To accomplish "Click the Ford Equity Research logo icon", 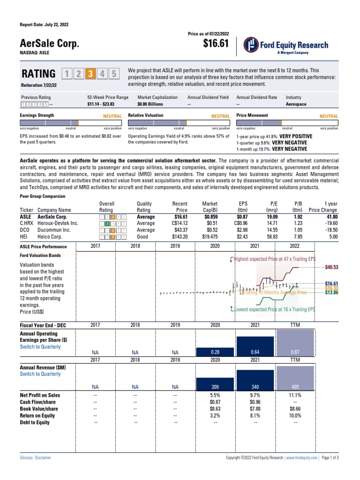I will pyautogui.click(x=252, y=45).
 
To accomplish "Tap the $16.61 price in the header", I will pyautogui.click(x=216, y=44).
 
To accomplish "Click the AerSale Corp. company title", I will pyautogui.click(x=49, y=44).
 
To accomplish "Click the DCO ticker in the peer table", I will pyautogui.click(x=24, y=230).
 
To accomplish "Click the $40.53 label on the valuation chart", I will pyautogui.click(x=331, y=267).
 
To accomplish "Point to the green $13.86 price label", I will pyautogui.click(x=331, y=292).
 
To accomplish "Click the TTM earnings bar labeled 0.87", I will pyautogui.click(x=295, y=343).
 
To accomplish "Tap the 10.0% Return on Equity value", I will pyautogui.click(x=295, y=415).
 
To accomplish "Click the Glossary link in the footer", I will pyautogui.click(x=26, y=457).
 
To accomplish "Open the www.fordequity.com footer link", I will pyautogui.click(x=301, y=457).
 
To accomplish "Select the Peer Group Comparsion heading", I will pyautogui.click(x=42, y=196).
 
